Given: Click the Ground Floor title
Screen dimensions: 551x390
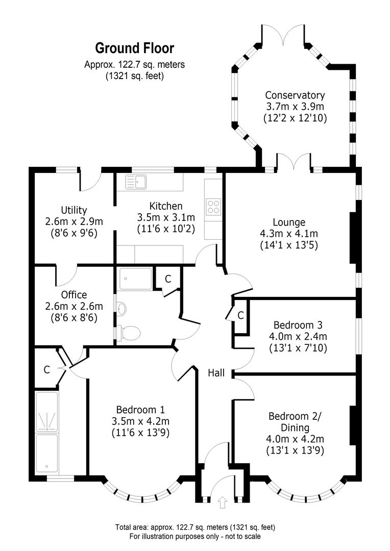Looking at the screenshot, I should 135,48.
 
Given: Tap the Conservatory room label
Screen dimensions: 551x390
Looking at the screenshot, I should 295,95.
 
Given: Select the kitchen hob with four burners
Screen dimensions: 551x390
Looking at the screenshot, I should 213,206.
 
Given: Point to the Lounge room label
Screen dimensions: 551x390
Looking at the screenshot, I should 289,222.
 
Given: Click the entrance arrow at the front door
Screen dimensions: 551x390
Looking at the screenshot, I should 222,503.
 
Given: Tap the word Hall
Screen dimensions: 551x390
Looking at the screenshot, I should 216,373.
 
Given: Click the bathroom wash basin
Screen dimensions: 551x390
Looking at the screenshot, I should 120,308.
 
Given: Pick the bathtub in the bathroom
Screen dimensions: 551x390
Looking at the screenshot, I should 135,279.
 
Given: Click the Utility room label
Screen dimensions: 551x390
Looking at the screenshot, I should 74,210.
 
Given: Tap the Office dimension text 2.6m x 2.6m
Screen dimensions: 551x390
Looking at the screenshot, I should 74,307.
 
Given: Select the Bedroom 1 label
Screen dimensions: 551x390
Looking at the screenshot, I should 140,409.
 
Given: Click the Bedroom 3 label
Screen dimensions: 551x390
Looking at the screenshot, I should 298,325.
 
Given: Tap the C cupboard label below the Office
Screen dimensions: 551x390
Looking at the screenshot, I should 46,370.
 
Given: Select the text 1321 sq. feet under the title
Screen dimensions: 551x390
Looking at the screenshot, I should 135,76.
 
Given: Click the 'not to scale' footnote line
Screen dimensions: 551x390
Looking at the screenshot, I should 194,536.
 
